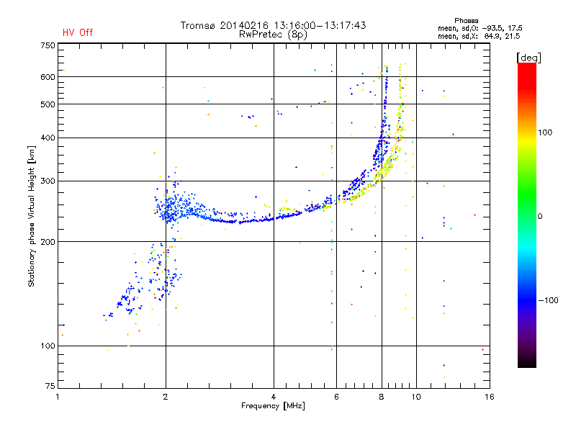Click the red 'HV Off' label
[x=78, y=32]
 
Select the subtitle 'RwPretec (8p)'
[x=273, y=35]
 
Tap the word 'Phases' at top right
[x=466, y=21]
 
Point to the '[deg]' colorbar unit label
[x=528, y=58]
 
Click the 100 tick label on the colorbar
[x=545, y=132]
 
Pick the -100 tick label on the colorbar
[x=548, y=300]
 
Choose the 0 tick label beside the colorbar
[x=540, y=216]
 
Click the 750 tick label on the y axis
[x=48, y=45]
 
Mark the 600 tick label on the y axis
[x=48, y=77]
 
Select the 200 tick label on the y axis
[x=48, y=242]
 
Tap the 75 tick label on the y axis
[x=50, y=386]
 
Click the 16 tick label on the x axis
[x=490, y=397]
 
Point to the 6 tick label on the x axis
[x=336, y=397]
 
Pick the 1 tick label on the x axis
[x=58, y=397]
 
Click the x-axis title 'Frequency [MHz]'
[x=273, y=406]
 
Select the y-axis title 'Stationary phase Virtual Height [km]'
[x=31, y=217]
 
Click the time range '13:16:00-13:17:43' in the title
[x=320, y=25]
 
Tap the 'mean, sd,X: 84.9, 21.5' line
[x=479, y=36]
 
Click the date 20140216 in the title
[x=244, y=25]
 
